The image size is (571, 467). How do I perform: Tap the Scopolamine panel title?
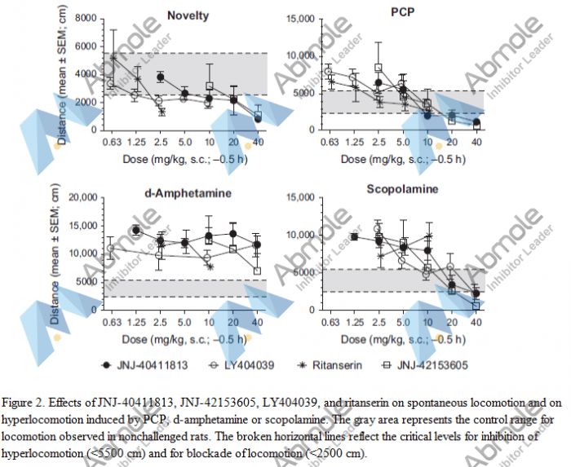[402, 189]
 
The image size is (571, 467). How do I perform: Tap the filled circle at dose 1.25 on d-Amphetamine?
[136, 230]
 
